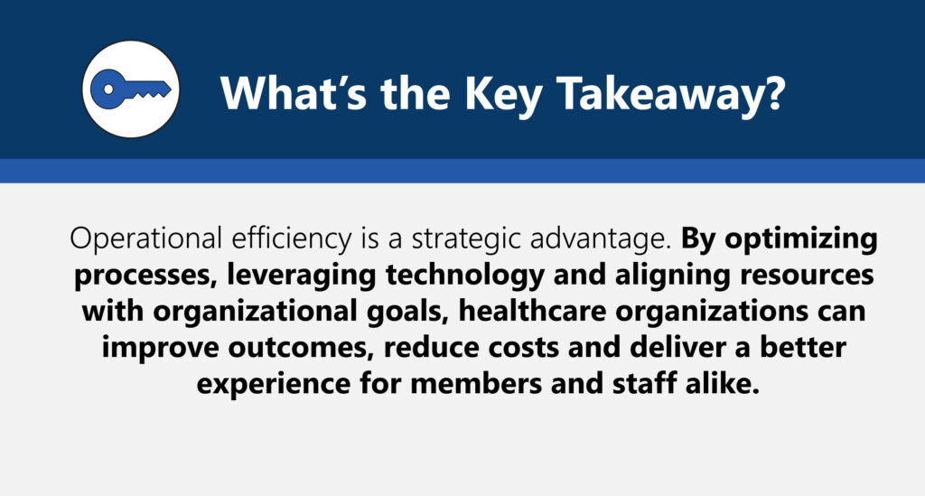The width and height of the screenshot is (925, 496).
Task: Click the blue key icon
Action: (x=130, y=89)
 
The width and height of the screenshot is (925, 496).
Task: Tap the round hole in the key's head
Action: (x=108, y=89)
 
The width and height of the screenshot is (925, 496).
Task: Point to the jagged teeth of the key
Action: (x=152, y=93)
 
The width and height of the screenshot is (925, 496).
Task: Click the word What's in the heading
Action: (x=294, y=92)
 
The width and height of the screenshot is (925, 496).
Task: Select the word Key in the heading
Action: (x=504, y=96)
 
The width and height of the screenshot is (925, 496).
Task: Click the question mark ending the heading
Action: (x=777, y=92)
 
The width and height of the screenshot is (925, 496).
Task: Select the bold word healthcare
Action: (x=533, y=312)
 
